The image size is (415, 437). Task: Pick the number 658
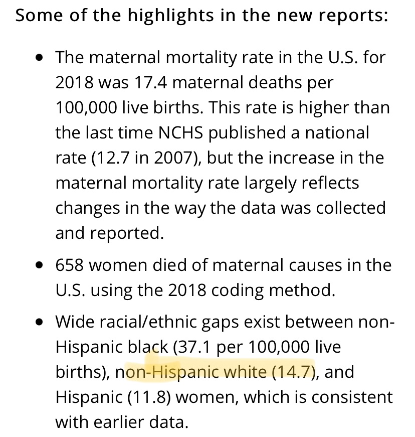pyautogui.click(x=73, y=265)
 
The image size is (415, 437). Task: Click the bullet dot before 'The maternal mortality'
pyautogui.click(x=40, y=58)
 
